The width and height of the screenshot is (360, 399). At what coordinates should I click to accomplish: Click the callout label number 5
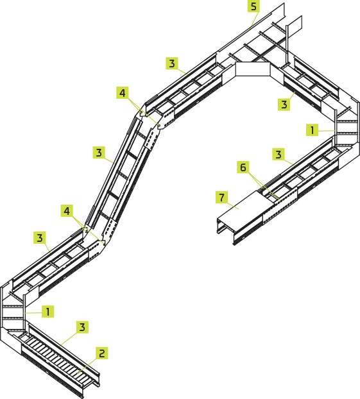[253, 6]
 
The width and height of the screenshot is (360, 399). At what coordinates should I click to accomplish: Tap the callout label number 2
[102, 353]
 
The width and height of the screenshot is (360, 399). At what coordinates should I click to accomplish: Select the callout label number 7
[222, 197]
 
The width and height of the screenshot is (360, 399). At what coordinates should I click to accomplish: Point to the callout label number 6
[243, 167]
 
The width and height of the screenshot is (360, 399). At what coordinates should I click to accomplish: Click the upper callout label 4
[123, 92]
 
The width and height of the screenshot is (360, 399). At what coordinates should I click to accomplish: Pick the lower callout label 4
[67, 210]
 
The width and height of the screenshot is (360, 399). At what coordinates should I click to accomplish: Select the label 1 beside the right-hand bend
[312, 130]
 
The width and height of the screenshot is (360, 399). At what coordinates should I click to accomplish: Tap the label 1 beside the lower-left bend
[48, 312]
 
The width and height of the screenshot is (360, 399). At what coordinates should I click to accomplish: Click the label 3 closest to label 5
[172, 63]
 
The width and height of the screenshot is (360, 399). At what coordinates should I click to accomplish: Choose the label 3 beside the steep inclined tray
[99, 153]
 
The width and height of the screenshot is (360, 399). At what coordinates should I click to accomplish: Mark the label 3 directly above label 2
[82, 327]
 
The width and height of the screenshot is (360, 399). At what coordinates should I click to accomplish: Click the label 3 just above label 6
[279, 154]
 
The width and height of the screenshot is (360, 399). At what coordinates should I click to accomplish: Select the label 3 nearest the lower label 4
[40, 238]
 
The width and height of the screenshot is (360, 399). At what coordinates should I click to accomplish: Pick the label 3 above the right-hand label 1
[284, 105]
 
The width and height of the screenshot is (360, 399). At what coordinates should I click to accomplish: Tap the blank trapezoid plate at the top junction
[253, 69]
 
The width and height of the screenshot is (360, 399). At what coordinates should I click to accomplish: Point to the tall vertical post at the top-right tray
[287, 44]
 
